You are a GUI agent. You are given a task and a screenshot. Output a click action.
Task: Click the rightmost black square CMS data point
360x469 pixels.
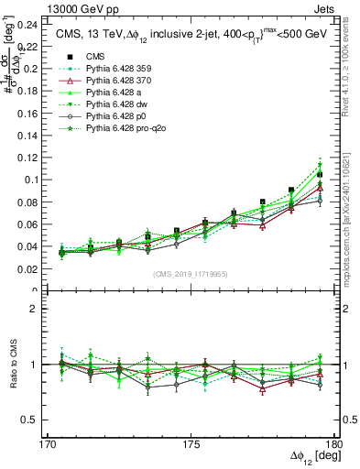[320, 174]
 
